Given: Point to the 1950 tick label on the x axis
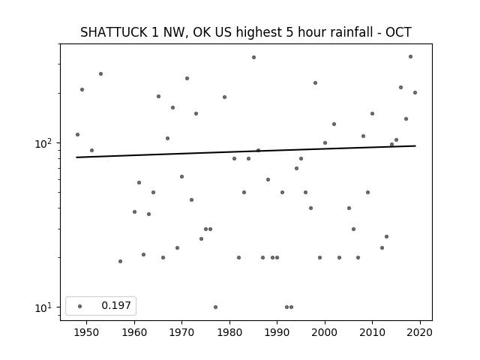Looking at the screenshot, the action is coord(87,332).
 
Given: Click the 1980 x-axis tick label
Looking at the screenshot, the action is coord(229,332).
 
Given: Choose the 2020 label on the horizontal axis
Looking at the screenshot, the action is coord(420,332).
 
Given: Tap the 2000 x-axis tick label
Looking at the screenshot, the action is coord(325,332).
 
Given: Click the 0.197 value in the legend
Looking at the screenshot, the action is coord(116,305).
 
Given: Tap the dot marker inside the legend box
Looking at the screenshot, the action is coord(80,306).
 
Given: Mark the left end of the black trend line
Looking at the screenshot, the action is coord(76,157).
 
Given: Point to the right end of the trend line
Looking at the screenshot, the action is coord(415,145).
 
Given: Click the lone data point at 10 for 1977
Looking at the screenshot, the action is coord(215,307).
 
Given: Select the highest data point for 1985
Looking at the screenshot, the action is coord(253,58).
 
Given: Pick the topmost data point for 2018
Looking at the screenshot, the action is coord(410,57).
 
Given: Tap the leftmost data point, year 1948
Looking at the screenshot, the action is coord(77,135).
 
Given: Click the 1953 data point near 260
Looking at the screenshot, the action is coord(100,73).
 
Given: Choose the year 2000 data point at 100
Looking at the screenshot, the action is coord(325,143).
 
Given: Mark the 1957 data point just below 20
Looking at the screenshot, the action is coord(120,262).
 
